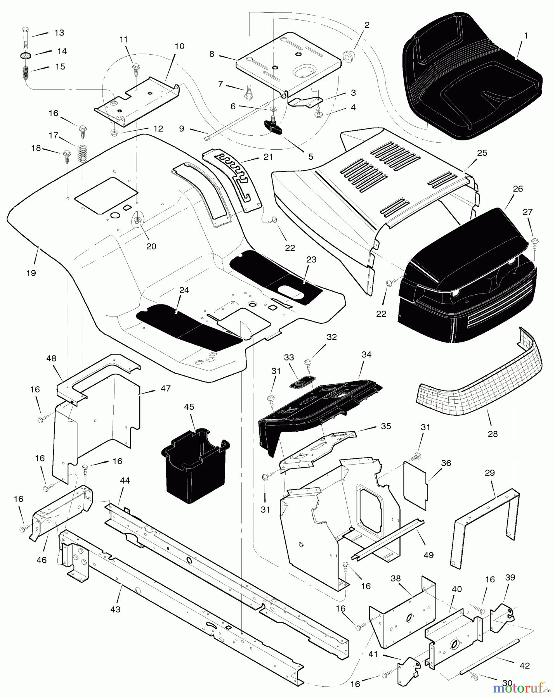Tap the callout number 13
point(59,33)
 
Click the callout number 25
point(482,153)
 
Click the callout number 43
point(115,609)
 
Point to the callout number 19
point(31,273)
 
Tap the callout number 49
point(428,555)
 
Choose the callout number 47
point(165,388)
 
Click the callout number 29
point(490,473)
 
